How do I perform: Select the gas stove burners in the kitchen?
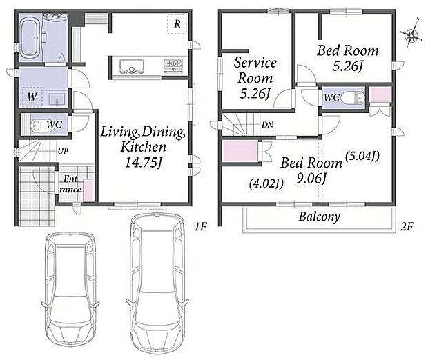click(173, 66)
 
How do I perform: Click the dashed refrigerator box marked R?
click(177, 24)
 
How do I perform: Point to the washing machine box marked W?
click(32, 97)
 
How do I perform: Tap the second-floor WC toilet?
click(353, 98)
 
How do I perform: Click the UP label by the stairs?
click(63, 151)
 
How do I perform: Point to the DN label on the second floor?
click(268, 126)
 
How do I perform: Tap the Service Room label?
click(255, 70)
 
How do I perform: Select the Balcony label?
click(320, 217)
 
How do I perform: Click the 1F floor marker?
click(201, 226)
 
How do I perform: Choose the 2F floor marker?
click(407, 226)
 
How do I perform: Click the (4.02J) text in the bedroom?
click(266, 183)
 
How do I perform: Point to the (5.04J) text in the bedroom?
click(362, 157)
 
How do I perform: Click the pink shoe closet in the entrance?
click(88, 190)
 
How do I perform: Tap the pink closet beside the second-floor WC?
click(380, 94)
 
